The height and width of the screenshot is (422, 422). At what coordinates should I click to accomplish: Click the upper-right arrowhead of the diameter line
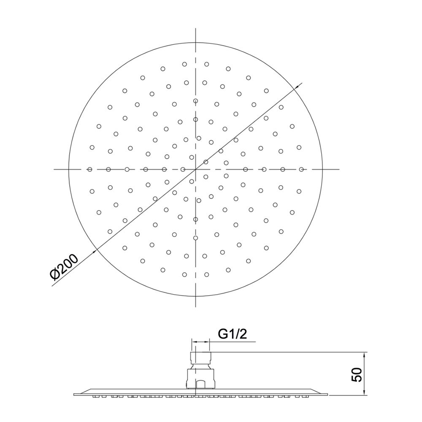tap(297, 87)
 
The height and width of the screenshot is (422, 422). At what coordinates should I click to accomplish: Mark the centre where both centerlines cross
tap(196, 169)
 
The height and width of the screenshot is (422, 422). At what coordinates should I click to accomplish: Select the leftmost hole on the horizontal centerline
tap(90, 169)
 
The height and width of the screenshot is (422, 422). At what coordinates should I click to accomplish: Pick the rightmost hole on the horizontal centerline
tap(301, 169)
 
